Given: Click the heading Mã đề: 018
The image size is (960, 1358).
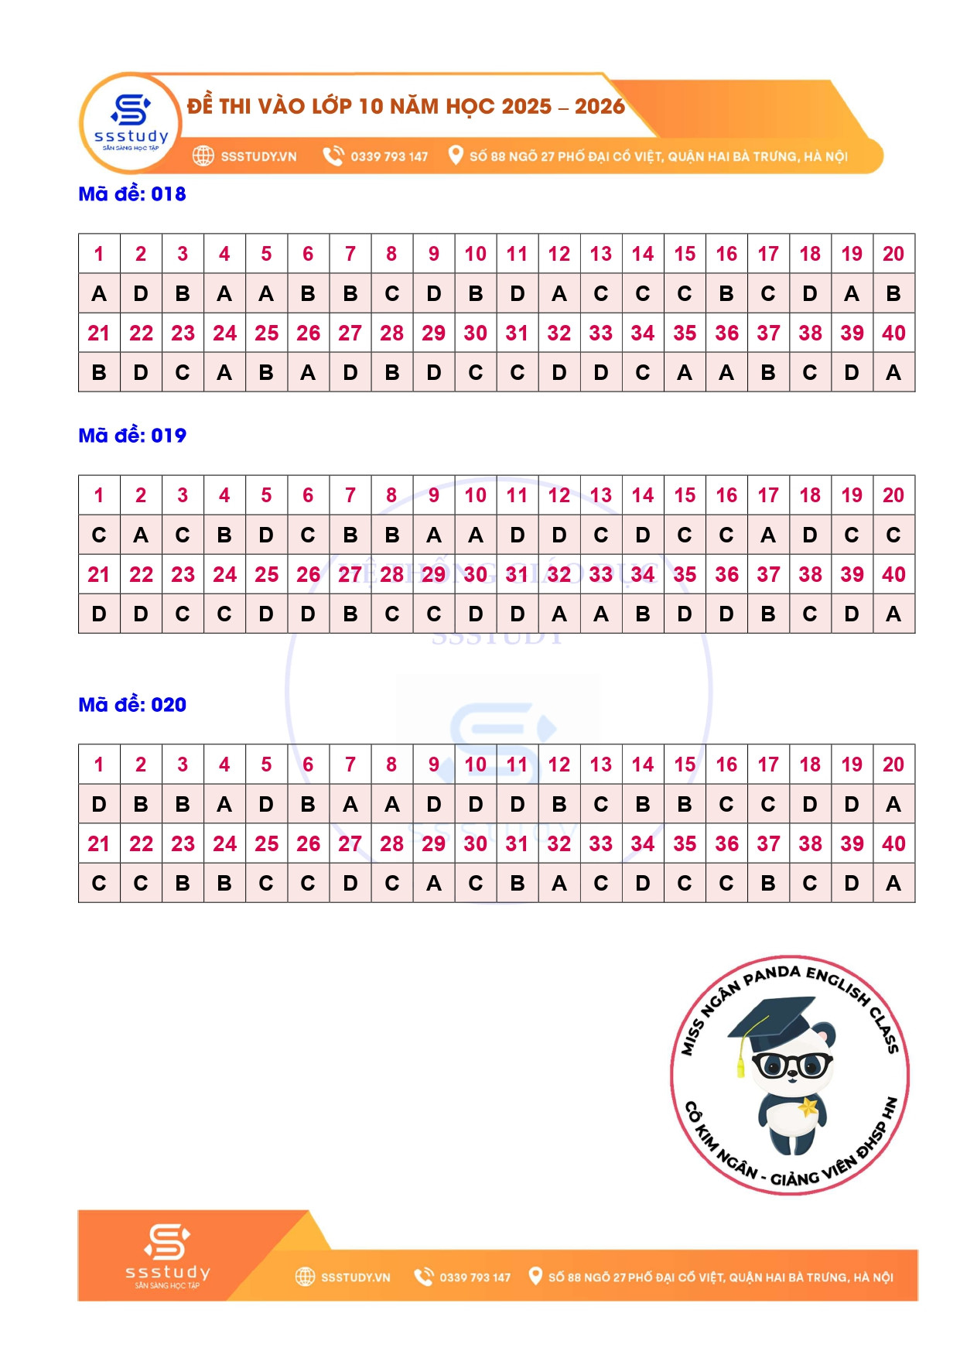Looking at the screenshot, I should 132,194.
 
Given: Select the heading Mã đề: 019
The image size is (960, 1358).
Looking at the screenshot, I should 132,436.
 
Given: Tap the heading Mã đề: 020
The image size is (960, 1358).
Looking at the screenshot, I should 132,705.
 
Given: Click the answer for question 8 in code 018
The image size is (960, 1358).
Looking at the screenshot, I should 392,294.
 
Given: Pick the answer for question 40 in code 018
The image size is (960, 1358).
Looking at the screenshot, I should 893,373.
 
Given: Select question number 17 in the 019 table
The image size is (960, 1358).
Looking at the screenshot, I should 768,495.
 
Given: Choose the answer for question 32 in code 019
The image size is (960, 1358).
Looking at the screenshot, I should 559,614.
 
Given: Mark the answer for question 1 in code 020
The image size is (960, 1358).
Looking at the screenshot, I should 99,805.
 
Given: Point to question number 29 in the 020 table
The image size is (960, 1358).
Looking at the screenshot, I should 434,844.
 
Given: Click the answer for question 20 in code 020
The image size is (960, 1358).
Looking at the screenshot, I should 893,805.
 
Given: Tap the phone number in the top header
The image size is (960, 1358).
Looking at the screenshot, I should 389,156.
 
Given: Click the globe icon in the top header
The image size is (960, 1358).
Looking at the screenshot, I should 203,156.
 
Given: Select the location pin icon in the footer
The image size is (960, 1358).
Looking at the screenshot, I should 535,1276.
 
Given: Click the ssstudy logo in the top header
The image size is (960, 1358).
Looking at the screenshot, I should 131,121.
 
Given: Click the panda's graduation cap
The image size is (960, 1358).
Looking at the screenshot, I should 774,1021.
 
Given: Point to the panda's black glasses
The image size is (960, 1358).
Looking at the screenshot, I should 792,1065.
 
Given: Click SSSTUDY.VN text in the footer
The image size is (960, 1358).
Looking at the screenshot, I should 355,1278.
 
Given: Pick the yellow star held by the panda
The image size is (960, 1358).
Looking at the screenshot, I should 808,1107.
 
